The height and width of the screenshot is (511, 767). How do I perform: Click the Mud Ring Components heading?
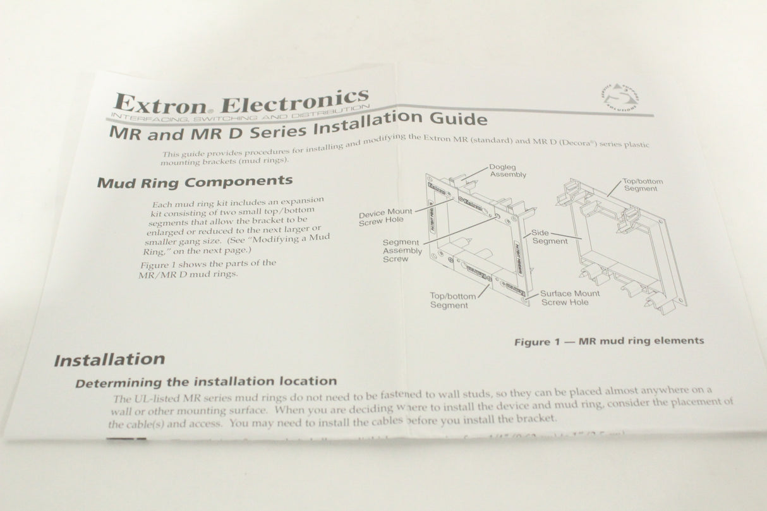195,182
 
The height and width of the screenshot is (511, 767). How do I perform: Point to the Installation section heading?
109,360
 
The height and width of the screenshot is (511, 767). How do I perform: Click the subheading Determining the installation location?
206,382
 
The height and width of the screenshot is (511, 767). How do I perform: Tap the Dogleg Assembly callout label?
508,171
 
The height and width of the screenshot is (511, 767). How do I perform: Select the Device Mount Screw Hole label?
385,217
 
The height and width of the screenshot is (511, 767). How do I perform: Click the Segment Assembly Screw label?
402,250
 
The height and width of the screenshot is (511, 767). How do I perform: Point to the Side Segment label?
549,237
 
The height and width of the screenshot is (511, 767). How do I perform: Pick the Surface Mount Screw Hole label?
570,298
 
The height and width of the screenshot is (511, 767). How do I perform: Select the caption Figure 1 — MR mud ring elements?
608,341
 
